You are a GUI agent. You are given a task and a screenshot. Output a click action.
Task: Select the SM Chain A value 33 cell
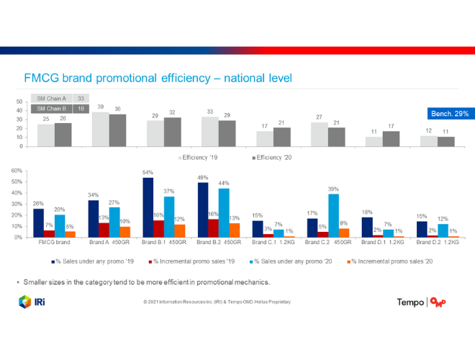[x=81, y=99]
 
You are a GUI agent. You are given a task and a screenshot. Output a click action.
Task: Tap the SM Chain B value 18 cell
[x=81, y=109]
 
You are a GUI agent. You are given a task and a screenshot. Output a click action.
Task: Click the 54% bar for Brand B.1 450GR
[x=148, y=207]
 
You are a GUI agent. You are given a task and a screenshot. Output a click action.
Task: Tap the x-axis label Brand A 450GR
[x=107, y=243]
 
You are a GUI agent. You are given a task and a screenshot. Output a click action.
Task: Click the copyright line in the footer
[x=217, y=302]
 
